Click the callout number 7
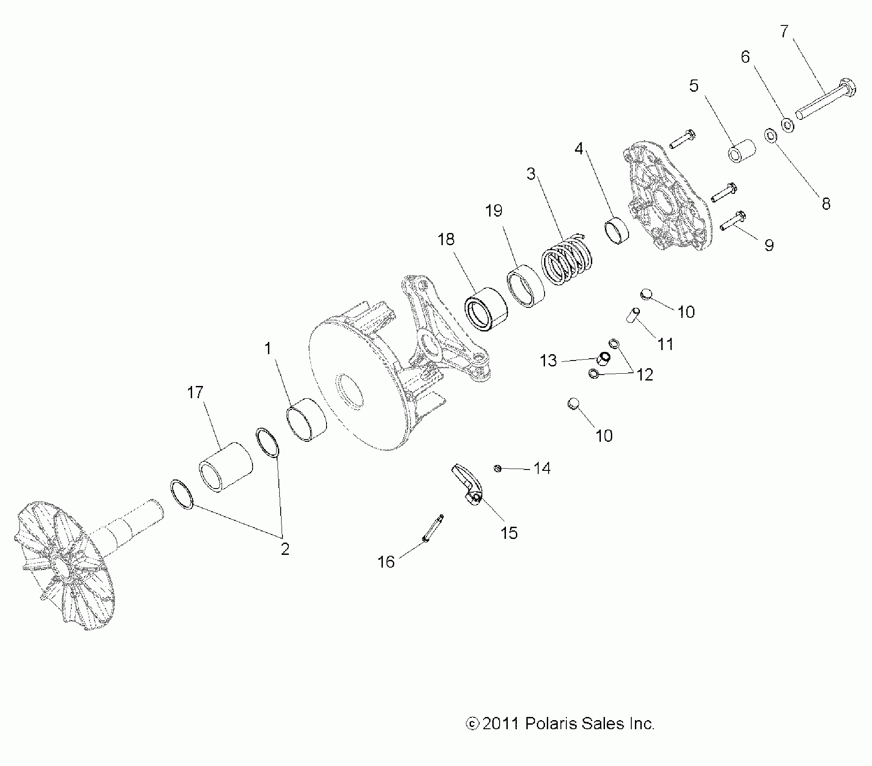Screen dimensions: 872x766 784,31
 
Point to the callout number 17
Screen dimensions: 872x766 195,392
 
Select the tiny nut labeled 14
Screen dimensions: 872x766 498,468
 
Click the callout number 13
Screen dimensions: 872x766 548,361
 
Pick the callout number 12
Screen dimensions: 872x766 645,375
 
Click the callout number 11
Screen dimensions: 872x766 665,344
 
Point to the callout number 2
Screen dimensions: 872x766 285,549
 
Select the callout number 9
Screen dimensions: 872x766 769,245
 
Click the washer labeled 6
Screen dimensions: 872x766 787,124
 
